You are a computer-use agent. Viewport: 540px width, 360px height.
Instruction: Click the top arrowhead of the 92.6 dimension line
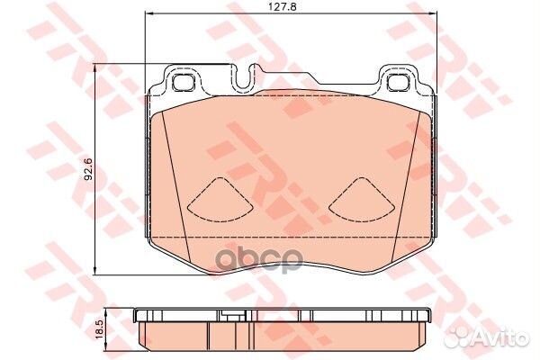[97, 67]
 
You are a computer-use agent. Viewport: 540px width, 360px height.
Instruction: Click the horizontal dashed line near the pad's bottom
[288, 236]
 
